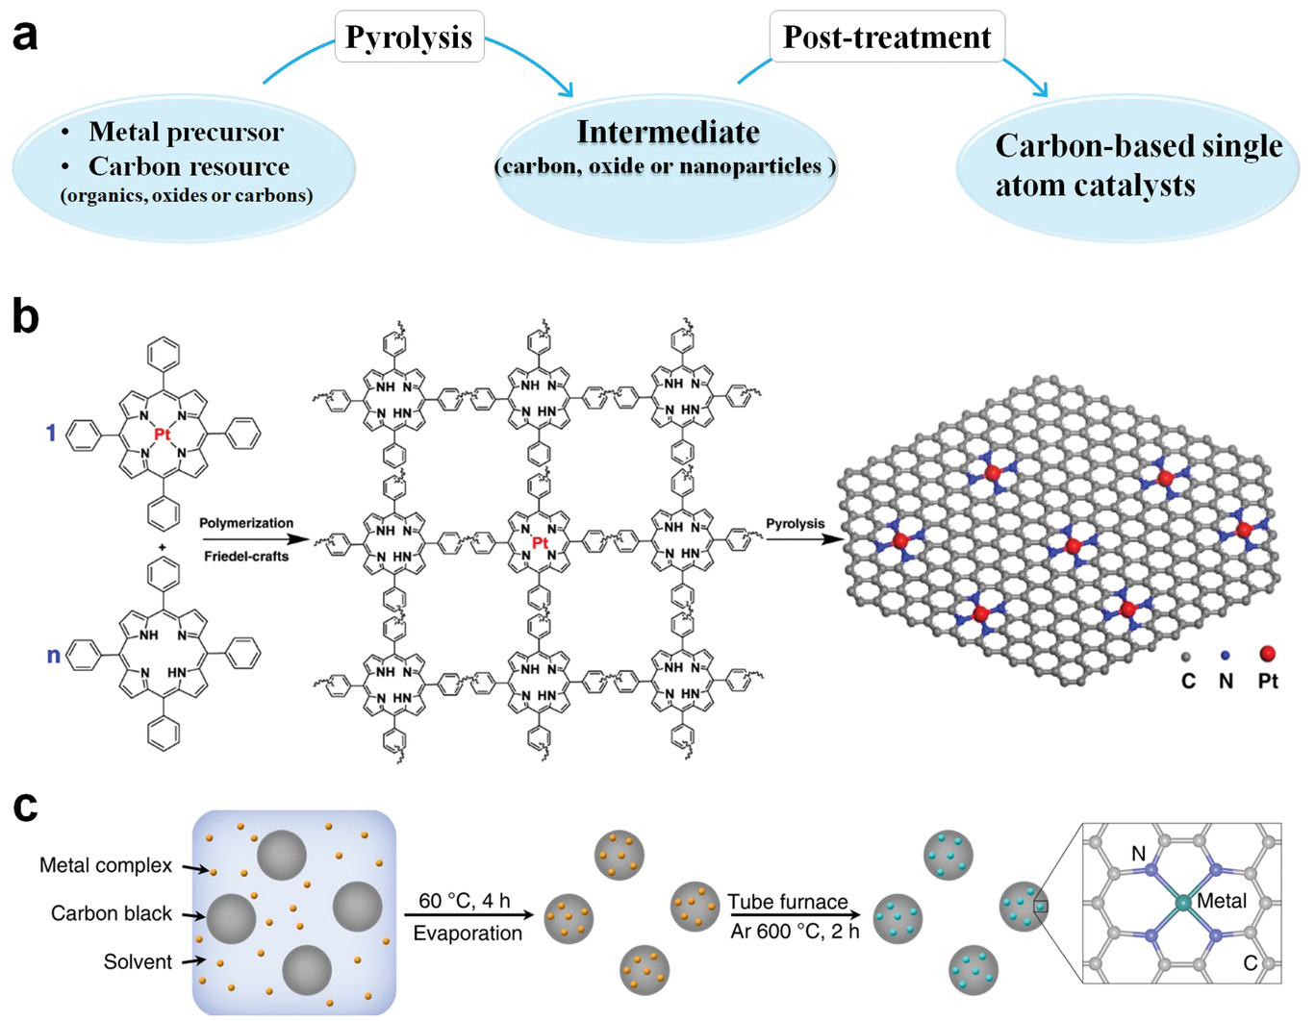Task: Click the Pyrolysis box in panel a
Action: (409, 37)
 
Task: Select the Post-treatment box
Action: (886, 37)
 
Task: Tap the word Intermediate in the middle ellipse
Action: (668, 132)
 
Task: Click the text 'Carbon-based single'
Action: (1138, 145)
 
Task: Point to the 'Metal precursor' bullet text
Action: (186, 132)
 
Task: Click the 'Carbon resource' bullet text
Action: (189, 166)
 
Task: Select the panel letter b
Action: (25, 316)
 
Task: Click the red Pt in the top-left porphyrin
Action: (163, 435)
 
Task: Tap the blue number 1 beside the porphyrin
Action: (51, 434)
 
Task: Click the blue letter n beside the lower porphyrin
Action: (54, 656)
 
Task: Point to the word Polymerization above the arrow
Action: (246, 523)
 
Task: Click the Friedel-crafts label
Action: (246, 556)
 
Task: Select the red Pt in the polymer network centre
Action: (540, 544)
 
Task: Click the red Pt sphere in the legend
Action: (1267, 654)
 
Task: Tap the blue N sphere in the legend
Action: (1225, 656)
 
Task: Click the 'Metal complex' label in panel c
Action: (106, 865)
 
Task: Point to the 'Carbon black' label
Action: (112, 913)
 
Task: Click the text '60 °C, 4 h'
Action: (465, 901)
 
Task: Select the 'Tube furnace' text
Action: (788, 902)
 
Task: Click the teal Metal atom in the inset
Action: (1182, 903)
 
